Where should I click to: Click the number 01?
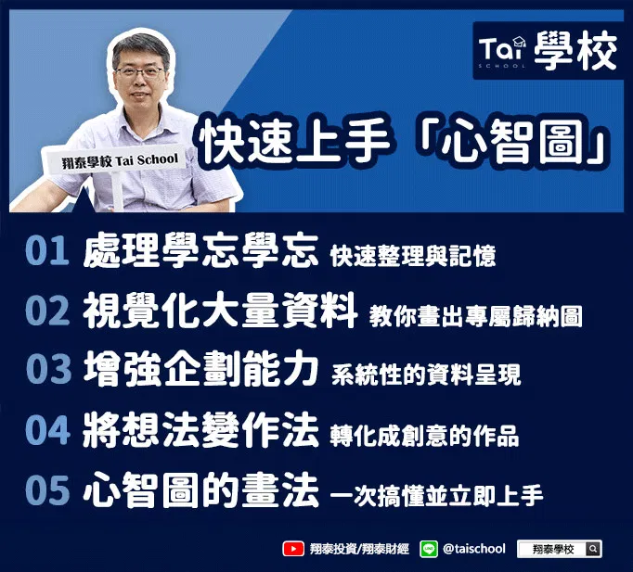46,250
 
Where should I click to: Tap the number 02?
47,311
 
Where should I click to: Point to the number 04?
47,430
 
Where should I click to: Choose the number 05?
47,490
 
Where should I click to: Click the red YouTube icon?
293,549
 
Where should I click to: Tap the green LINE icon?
428,549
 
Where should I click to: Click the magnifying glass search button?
593,549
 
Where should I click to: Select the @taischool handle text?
474,549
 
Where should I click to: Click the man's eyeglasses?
139,71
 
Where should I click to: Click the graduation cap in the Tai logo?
519,41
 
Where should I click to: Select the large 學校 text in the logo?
576,51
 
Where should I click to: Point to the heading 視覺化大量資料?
220,311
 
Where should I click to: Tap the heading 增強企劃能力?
200,368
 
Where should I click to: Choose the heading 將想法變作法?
200,430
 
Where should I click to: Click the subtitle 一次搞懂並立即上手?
437,496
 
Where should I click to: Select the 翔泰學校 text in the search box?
553,549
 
